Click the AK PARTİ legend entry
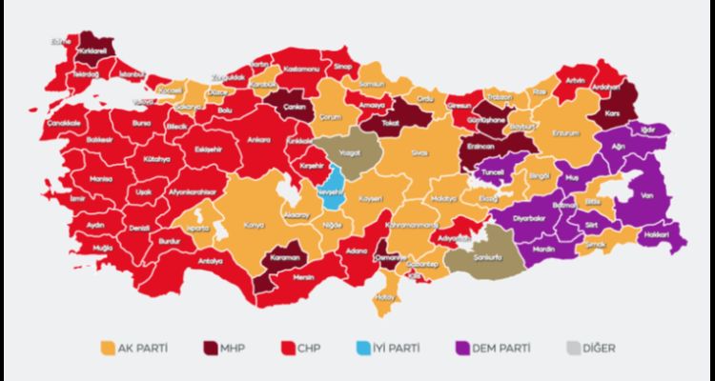[134, 348]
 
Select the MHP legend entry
[227, 348]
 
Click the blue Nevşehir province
[331, 190]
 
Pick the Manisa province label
[73, 178]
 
